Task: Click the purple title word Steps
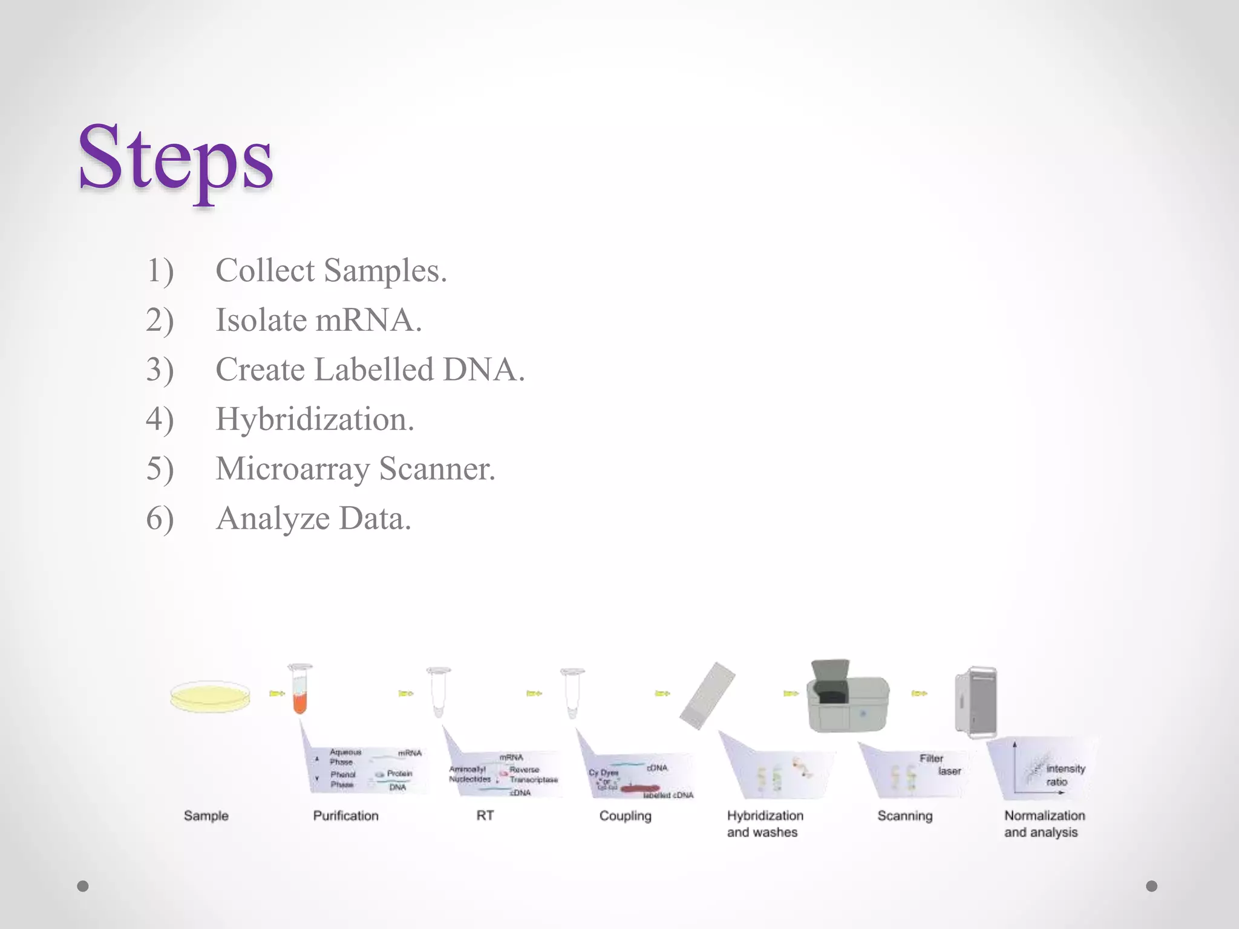pos(175,158)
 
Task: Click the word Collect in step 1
pos(265,270)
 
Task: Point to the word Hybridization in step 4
pos(315,419)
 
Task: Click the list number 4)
pos(160,419)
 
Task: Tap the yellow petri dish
pos(210,697)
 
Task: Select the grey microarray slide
pos(707,696)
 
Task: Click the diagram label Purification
pos(345,816)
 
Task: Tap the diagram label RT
pos(485,816)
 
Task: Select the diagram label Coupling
pos(625,816)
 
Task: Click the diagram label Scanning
pos(905,816)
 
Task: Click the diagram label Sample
pos(206,816)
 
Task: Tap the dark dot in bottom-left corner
pos(83,886)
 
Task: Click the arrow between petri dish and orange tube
pos(277,694)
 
